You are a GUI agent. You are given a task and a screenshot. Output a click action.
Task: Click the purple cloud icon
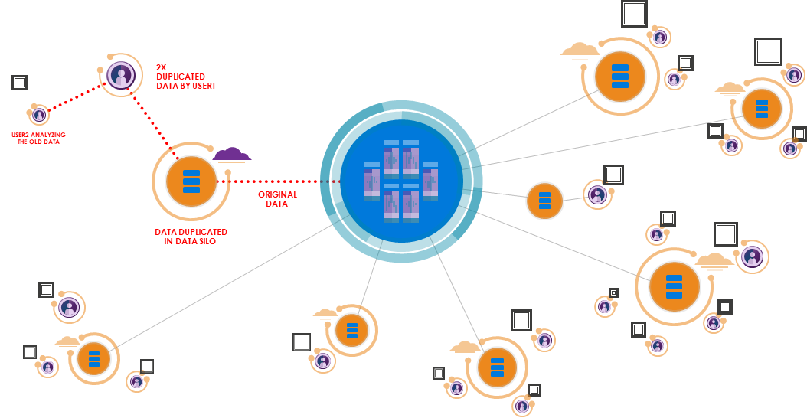click(232, 155)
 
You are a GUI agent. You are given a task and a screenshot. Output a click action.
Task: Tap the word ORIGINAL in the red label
click(277, 194)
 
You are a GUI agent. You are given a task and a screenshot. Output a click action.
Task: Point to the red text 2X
click(161, 67)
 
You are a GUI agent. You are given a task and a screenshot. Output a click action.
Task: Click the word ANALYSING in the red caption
click(48, 135)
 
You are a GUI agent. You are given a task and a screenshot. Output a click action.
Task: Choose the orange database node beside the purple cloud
click(191, 181)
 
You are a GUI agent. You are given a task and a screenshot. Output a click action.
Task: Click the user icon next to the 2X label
click(121, 75)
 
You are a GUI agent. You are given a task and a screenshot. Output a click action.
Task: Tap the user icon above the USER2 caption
click(39, 115)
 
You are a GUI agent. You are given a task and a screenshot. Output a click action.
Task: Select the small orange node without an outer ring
click(544, 201)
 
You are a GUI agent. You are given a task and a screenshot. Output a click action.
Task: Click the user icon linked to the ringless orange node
click(597, 194)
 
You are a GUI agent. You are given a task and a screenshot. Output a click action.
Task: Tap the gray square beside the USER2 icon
click(19, 82)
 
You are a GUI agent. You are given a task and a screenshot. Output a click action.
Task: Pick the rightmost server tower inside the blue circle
click(430, 181)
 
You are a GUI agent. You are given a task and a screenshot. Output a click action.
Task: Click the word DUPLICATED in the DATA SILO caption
click(201, 232)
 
